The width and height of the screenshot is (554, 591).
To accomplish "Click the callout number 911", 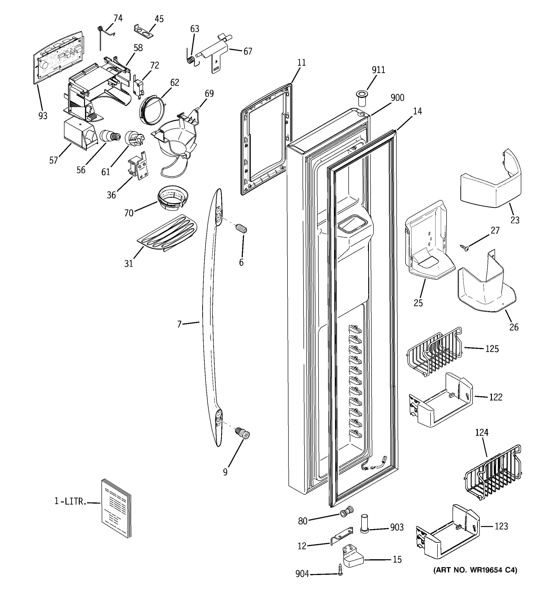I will point(378,70).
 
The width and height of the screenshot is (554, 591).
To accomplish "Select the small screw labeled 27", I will point(464,247).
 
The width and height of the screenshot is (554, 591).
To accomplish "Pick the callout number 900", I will point(397,97).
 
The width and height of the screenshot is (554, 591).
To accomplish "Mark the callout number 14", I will point(417,111).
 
